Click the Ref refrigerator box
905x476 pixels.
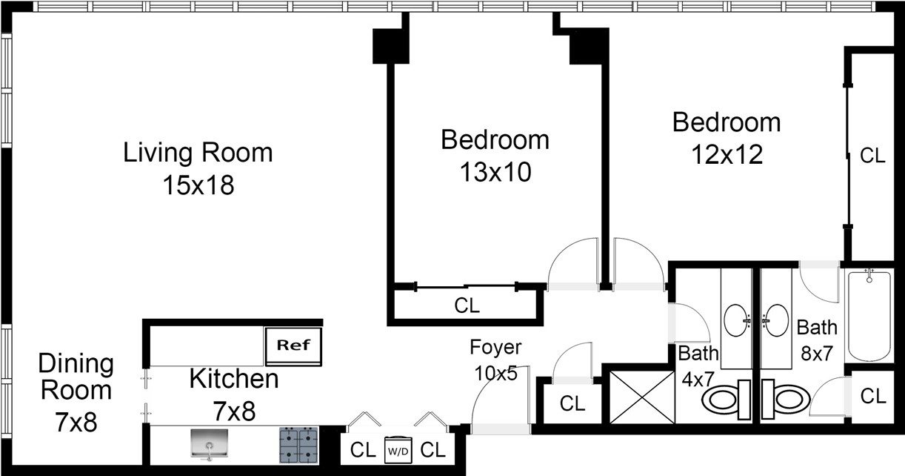click(293, 346)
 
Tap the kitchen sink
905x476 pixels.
click(210, 444)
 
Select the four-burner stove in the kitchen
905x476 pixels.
click(298, 445)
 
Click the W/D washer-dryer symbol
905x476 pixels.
click(398, 450)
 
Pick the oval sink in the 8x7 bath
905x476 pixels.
click(775, 320)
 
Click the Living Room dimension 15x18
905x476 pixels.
click(198, 185)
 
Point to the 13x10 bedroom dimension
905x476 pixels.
click(495, 172)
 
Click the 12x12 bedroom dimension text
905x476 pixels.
click(727, 154)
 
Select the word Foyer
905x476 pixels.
click(495, 348)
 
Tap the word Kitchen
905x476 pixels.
click(234, 379)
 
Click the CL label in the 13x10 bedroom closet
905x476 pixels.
click(467, 305)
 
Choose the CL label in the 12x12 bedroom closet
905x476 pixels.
click(872, 155)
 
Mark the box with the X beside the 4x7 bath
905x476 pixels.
click(642, 397)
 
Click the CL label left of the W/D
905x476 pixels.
click(363, 450)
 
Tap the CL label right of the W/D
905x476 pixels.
click(433, 450)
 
